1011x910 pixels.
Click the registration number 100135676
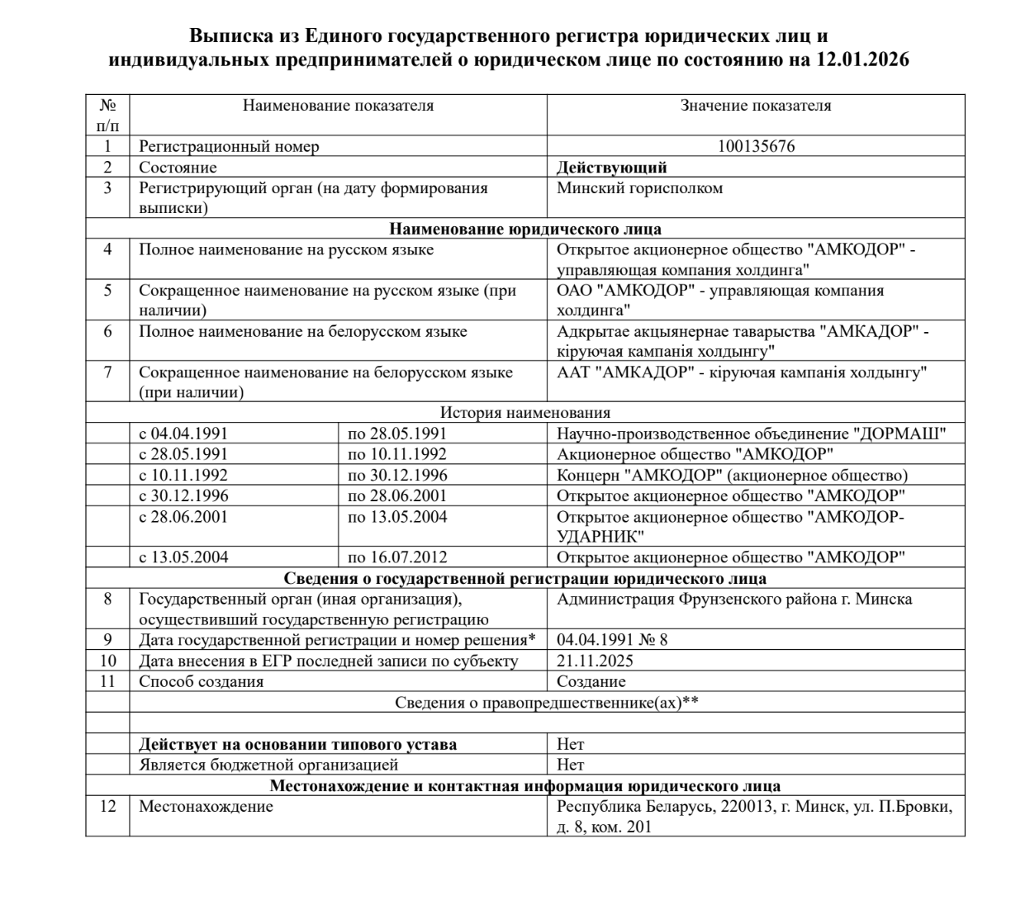(x=756, y=147)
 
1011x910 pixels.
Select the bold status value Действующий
(x=611, y=168)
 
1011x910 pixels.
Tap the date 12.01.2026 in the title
(x=863, y=59)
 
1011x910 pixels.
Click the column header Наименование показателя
(x=338, y=106)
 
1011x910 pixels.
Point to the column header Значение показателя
(x=756, y=106)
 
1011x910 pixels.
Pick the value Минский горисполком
(x=639, y=188)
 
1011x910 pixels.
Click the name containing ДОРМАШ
(x=751, y=434)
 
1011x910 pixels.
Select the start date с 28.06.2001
(x=183, y=517)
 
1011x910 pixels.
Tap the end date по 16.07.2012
(x=397, y=557)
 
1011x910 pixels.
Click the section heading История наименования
(x=525, y=413)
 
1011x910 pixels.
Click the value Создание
(x=591, y=682)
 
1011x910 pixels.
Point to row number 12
(x=107, y=806)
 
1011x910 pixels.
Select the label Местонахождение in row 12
(x=206, y=806)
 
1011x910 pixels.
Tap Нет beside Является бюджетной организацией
(x=570, y=765)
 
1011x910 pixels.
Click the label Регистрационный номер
(x=229, y=147)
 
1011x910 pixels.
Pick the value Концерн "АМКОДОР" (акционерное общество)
(x=732, y=476)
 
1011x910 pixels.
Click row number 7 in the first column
(x=107, y=372)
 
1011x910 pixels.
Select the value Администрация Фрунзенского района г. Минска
(x=734, y=600)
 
